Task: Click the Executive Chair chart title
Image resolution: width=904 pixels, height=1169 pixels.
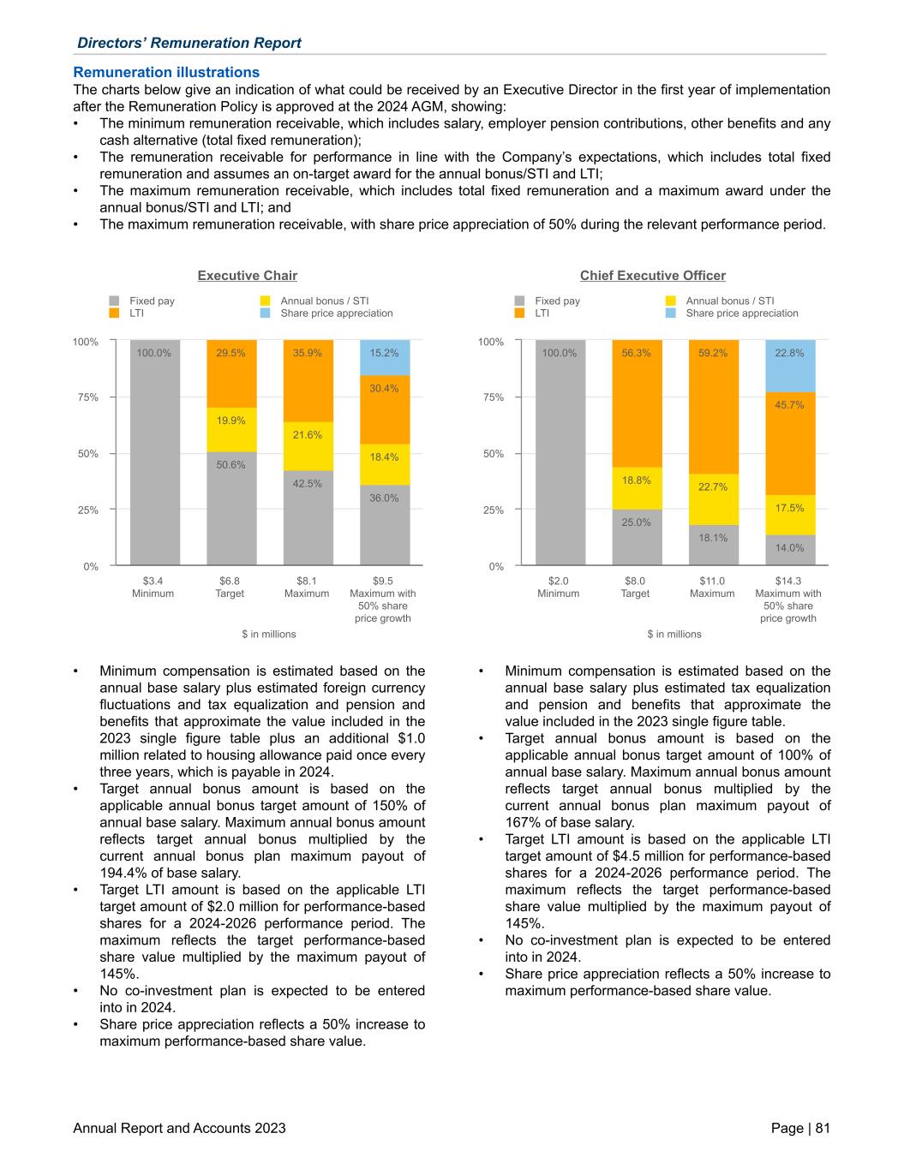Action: click(248, 275)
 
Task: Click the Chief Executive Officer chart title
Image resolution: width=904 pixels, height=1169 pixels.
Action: click(652, 275)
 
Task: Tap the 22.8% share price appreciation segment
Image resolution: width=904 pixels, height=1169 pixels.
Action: click(790, 367)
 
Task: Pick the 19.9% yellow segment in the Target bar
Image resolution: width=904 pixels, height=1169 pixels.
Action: click(231, 430)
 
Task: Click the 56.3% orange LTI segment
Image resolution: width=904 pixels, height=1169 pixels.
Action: click(637, 403)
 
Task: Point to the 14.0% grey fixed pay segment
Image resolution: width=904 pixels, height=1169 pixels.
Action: click(790, 550)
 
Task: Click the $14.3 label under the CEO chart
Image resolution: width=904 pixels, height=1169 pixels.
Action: click(788, 581)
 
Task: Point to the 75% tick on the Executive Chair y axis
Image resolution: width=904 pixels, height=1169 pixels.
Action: click(86, 397)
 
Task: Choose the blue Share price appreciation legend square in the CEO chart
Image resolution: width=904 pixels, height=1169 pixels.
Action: click(670, 313)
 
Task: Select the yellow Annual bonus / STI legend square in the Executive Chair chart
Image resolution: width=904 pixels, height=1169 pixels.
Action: click(265, 301)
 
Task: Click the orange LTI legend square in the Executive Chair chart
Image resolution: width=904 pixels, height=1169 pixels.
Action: click(114, 313)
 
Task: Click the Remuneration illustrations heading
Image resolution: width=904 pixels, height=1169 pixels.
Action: click(166, 72)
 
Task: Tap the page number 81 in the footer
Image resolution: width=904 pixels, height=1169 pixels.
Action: click(822, 1128)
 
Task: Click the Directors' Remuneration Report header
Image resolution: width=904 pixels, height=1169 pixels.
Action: click(189, 43)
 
